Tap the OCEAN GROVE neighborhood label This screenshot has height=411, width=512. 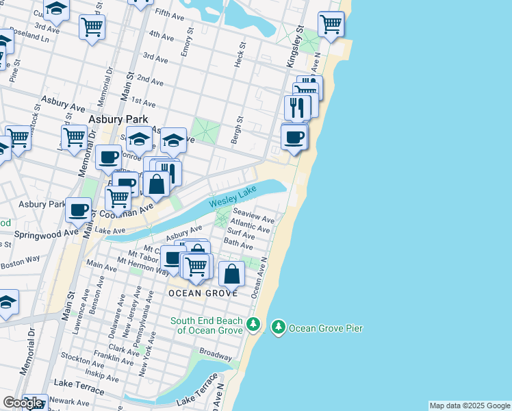(x=204, y=293)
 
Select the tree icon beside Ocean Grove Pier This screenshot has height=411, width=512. (x=278, y=327)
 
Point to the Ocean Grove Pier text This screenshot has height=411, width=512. (x=325, y=329)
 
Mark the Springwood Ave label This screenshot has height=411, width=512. (x=40, y=233)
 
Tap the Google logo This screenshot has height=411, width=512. (x=23, y=403)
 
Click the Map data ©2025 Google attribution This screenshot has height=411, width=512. (x=470, y=406)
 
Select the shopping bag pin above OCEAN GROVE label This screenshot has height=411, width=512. (x=233, y=274)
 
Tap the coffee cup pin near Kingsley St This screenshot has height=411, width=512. (x=294, y=137)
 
